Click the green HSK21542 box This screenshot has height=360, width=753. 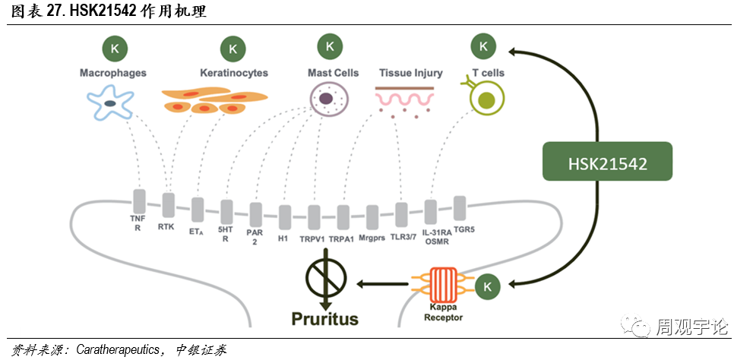point(607,161)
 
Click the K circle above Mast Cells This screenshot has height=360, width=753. point(330,46)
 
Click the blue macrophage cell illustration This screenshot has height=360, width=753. point(111,103)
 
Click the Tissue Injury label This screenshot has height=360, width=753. point(410,73)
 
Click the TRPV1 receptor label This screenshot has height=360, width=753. point(312,238)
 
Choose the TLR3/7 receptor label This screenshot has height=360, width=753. point(402,236)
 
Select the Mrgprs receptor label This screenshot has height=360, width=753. point(372,238)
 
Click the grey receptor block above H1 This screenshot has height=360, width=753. point(284,217)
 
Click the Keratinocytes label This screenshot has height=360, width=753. point(234,73)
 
